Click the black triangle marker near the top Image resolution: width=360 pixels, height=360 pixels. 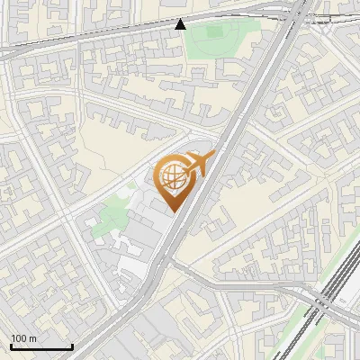pos(181,23)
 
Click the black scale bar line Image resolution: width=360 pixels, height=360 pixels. pos(41,347)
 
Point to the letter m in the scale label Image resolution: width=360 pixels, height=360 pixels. pos(32,339)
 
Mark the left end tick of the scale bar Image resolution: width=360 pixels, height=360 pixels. pos(11,346)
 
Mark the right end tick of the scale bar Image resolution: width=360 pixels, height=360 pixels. pos(72,346)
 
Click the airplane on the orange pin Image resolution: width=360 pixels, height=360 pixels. pos(197,164)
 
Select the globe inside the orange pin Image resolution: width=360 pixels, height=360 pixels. pos(172,181)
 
